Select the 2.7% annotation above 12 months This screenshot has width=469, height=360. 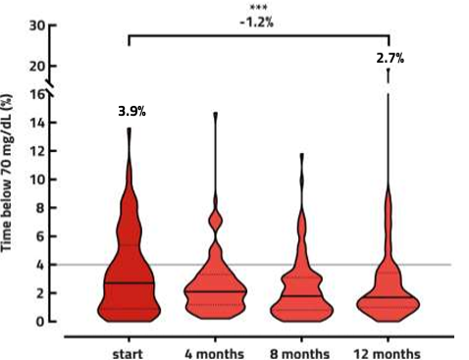(390, 59)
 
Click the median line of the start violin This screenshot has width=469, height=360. (129, 283)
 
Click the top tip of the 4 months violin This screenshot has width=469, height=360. (216, 114)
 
